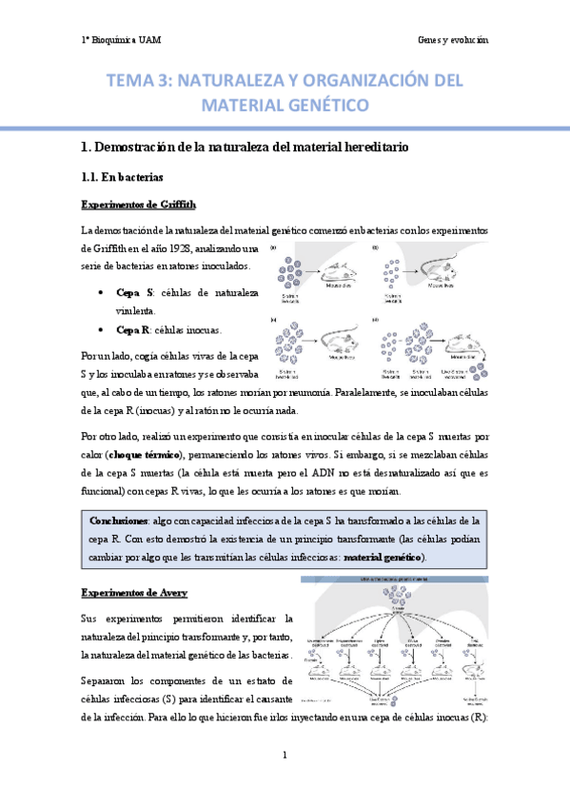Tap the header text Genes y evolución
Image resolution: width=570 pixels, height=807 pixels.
(452, 40)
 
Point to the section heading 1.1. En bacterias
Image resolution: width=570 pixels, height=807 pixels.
(124, 177)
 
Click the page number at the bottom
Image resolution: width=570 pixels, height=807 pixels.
(285, 756)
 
